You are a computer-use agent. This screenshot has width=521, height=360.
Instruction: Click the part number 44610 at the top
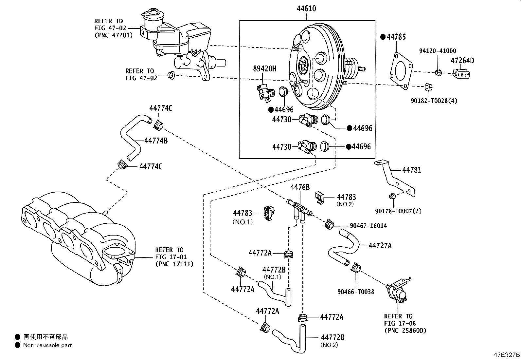(306, 9)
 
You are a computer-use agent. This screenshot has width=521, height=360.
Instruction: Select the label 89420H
(264, 68)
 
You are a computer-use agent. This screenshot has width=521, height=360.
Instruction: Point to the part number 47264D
(462, 61)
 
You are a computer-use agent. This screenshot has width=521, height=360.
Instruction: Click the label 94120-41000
(438, 51)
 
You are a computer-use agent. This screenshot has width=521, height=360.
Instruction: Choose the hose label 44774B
(156, 141)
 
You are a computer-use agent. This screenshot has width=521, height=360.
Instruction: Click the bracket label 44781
(411, 170)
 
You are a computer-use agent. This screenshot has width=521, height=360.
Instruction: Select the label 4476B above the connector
(300, 187)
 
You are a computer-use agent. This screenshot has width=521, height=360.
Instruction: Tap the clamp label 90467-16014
(368, 226)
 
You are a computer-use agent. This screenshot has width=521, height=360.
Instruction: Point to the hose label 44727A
(380, 245)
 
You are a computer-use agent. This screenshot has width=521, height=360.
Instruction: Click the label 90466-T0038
(356, 292)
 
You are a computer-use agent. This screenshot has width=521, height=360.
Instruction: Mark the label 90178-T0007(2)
(398, 211)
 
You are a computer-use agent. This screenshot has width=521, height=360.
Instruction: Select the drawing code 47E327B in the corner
(507, 355)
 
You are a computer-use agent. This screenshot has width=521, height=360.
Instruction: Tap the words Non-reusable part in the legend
(47, 345)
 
